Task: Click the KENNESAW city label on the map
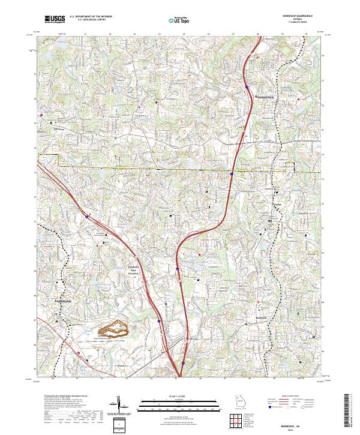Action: click(x=64, y=297)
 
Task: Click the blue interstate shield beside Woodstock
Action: click(x=247, y=88)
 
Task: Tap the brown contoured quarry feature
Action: click(x=115, y=329)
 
